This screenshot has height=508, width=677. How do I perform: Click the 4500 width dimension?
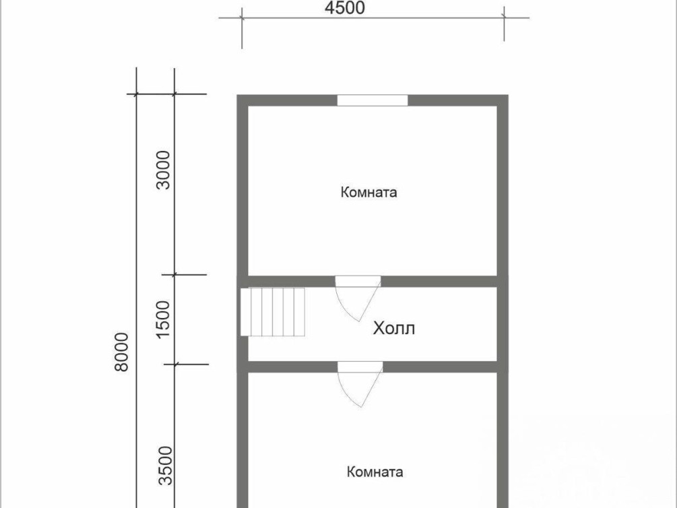pyautogui.click(x=344, y=8)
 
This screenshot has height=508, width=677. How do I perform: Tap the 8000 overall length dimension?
pyautogui.click(x=122, y=352)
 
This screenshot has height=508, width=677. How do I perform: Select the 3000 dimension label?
pyautogui.click(x=164, y=170)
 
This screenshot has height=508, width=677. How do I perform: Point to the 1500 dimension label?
pyautogui.click(x=164, y=319)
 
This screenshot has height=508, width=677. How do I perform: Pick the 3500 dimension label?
pyautogui.click(x=165, y=466)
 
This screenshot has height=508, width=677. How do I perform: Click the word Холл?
pyautogui.click(x=394, y=328)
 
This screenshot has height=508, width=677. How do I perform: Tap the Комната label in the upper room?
pyautogui.click(x=368, y=192)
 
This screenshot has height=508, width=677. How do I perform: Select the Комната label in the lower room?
pyautogui.click(x=375, y=472)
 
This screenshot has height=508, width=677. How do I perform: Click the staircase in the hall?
pyautogui.click(x=273, y=311)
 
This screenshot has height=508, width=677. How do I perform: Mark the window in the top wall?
pyautogui.click(x=372, y=100)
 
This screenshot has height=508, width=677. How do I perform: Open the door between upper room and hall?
pyautogui.click(x=358, y=298)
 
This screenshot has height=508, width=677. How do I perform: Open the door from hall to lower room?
pyautogui.click(x=360, y=384)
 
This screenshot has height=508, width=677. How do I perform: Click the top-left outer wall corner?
pyautogui.click(x=238, y=95)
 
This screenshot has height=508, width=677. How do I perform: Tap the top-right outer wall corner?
pyautogui.click(x=508, y=95)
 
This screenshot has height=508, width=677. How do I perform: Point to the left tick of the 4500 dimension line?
pyautogui.click(x=242, y=18)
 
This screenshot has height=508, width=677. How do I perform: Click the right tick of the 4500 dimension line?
pyautogui.click(x=504, y=18)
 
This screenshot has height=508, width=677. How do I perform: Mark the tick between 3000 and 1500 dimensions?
pyautogui.click(x=174, y=274)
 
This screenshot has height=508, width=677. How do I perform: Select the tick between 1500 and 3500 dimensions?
pyautogui.click(x=174, y=364)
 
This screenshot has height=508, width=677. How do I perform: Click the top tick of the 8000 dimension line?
pyautogui.click(x=137, y=94)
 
